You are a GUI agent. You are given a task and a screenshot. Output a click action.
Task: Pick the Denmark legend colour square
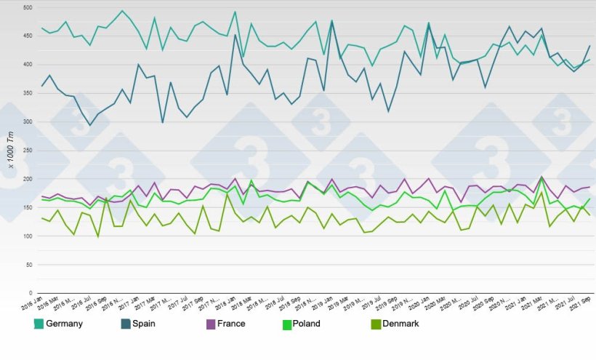[376, 324]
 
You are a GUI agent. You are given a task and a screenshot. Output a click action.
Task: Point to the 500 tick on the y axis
[28, 7]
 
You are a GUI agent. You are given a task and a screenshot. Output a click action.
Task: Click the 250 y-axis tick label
[28, 151]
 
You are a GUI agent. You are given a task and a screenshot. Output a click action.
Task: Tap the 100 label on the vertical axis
[28, 236]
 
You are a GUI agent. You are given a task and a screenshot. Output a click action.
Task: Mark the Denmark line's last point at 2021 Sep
[589, 215]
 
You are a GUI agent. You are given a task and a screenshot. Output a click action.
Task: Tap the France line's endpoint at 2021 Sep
[589, 187]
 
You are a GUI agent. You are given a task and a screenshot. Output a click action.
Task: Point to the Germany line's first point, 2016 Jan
[42, 28]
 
